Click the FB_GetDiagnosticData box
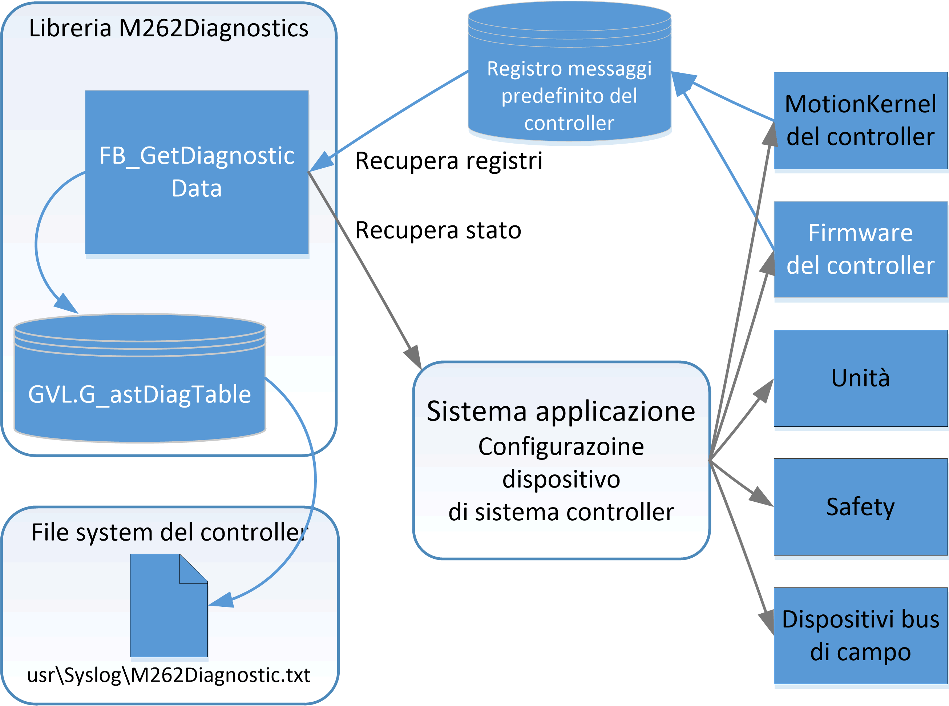(197, 172)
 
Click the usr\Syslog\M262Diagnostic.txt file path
(168, 675)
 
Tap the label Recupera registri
(448, 161)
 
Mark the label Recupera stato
(438, 230)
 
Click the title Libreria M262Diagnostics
(168, 28)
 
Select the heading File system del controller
(168, 533)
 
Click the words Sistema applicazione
(561, 412)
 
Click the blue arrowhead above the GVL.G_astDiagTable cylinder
(66, 304)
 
